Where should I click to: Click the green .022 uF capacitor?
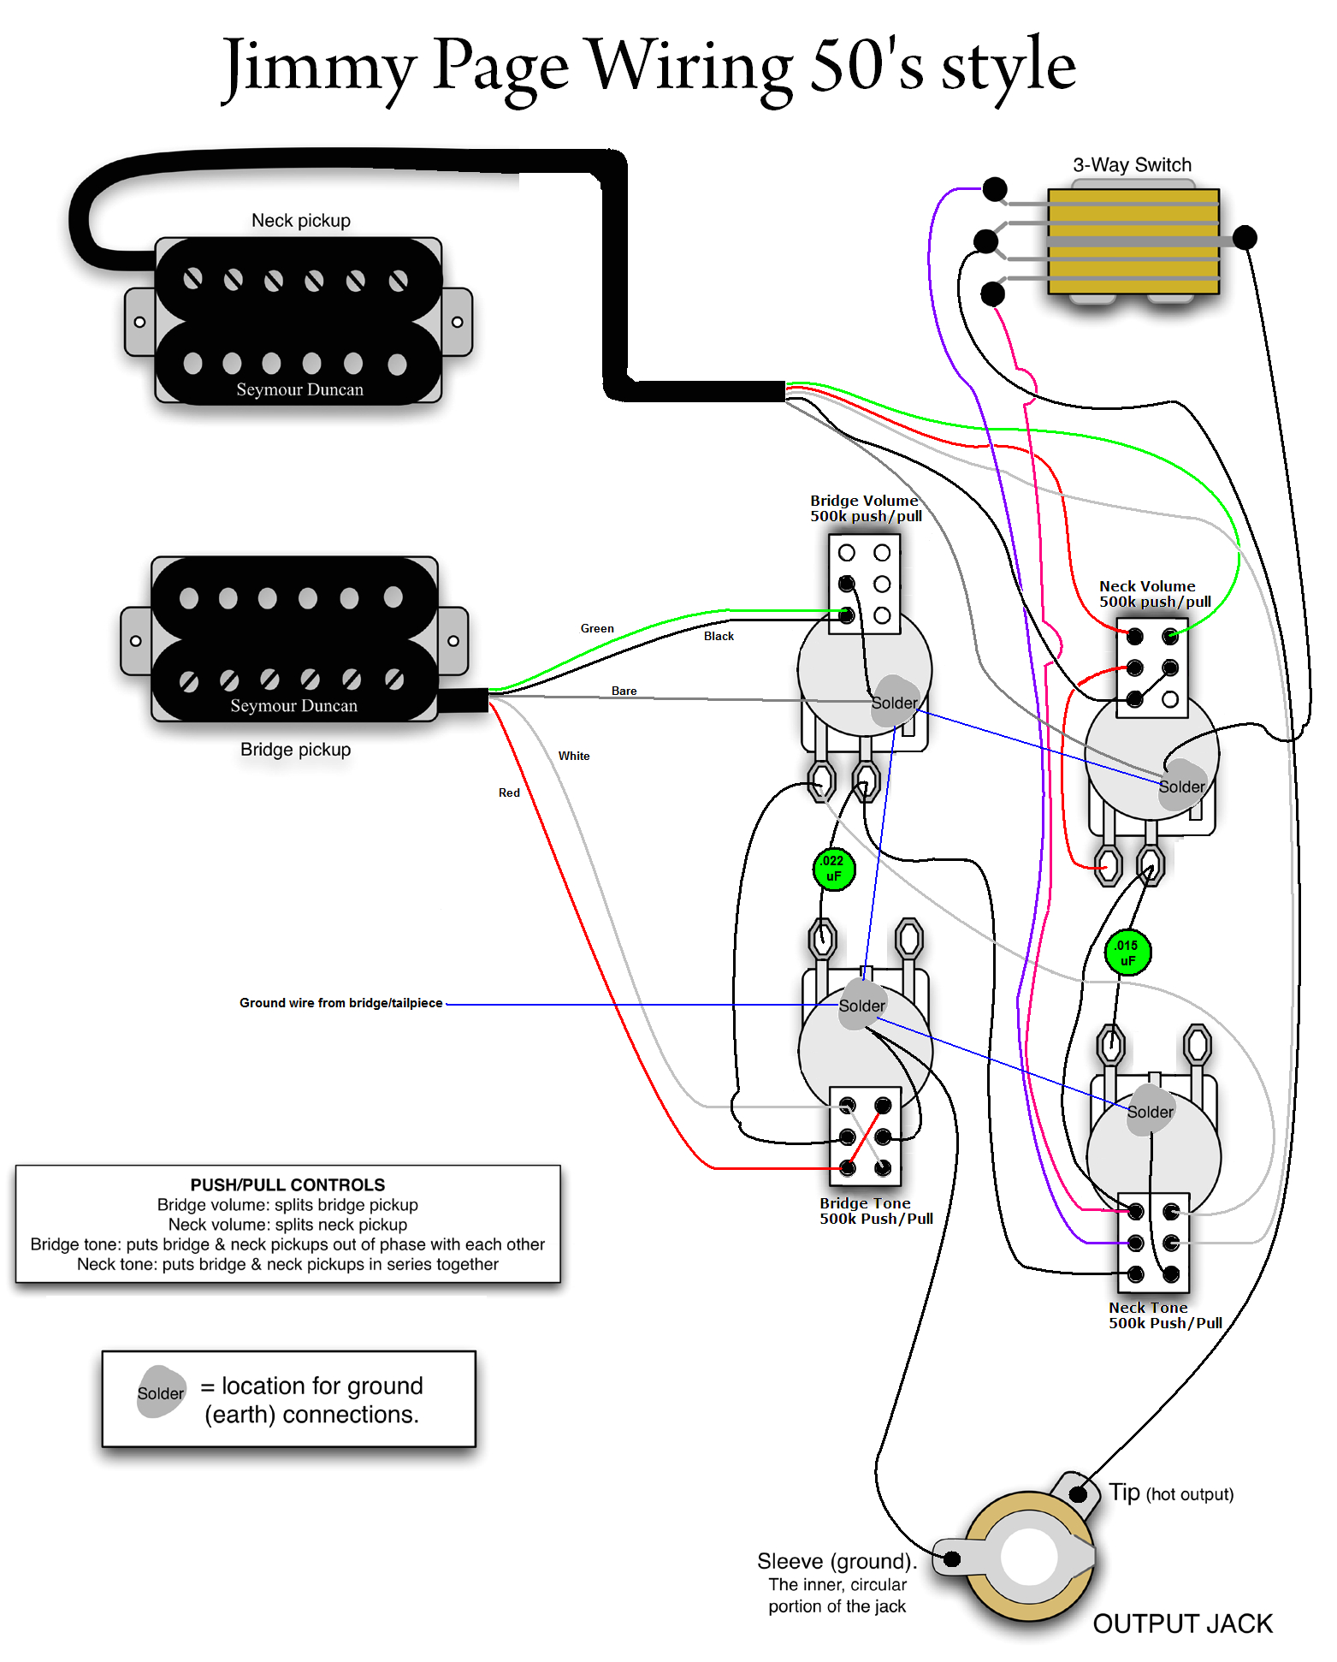(833, 869)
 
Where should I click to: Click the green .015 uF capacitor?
(1127, 953)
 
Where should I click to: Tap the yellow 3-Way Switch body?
(1133, 241)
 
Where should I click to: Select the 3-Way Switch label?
(1132, 165)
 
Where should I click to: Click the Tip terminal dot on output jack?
(1079, 1494)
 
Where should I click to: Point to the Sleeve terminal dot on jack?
(952, 1558)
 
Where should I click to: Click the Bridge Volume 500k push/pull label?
(865, 508)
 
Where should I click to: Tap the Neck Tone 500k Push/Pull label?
(1164, 1315)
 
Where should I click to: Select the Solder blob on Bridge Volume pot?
(894, 703)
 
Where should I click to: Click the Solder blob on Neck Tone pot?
(1150, 1112)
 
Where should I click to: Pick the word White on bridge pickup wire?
(574, 756)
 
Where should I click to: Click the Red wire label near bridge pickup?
(509, 792)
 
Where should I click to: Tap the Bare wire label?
(624, 691)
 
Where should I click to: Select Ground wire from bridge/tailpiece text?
(340, 1003)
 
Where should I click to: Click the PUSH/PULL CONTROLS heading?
(287, 1184)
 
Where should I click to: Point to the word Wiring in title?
(689, 67)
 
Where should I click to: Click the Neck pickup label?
(300, 221)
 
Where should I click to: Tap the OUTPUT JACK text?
(1182, 1623)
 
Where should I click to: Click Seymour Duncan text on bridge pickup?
(293, 706)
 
